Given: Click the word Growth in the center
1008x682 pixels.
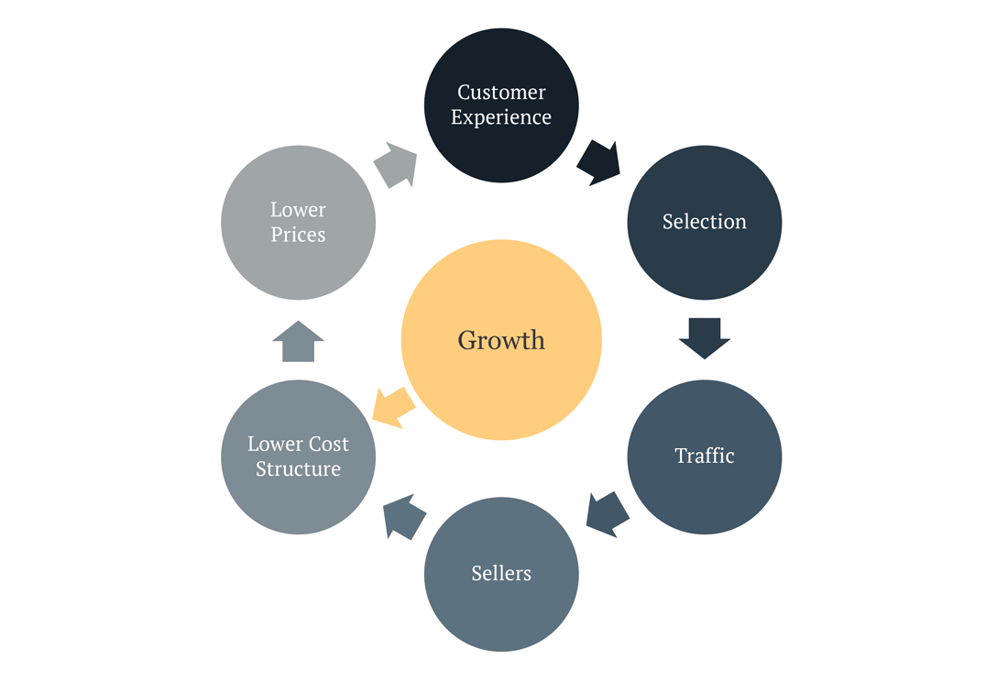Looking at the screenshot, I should coord(501,340).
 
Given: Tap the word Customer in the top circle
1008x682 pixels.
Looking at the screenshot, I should coord(501,92).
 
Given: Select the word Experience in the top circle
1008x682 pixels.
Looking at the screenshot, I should coord(501,117).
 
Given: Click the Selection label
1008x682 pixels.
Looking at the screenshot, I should coord(704,222).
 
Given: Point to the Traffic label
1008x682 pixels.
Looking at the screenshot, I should coord(704,456).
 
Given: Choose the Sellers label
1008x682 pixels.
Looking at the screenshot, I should coord(501,573).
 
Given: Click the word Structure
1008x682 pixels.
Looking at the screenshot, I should coord(298,469).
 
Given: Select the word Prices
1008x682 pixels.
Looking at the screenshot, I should coord(298,235).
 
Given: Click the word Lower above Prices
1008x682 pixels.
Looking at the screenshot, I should coord(298,210).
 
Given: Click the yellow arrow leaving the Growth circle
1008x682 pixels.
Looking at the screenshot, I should coord(392,406).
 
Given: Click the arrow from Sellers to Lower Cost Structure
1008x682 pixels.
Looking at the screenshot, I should coord(403,517).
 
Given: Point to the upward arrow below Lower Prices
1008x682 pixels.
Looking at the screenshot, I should coord(298,342).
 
